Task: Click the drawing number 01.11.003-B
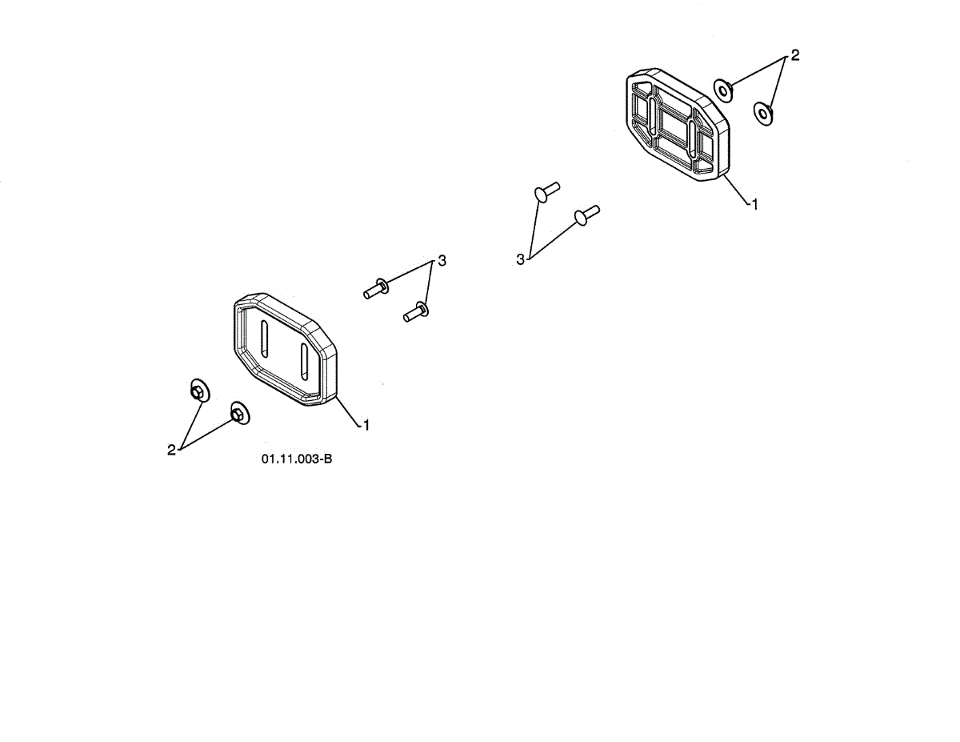(x=296, y=459)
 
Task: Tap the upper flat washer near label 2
(x=723, y=90)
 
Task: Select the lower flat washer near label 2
(x=763, y=114)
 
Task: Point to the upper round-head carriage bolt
(x=545, y=192)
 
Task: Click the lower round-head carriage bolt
(x=585, y=215)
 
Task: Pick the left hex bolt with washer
(x=375, y=288)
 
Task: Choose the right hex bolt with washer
(x=415, y=311)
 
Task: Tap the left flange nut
(x=198, y=391)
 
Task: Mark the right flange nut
(x=238, y=413)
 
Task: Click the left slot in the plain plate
(x=265, y=339)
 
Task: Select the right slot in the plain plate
(x=304, y=361)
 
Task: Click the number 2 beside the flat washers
(x=794, y=55)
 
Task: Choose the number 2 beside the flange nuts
(x=171, y=450)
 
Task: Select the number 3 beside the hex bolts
(x=442, y=262)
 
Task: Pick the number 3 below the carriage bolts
(x=521, y=259)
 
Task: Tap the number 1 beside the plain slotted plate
(x=366, y=425)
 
